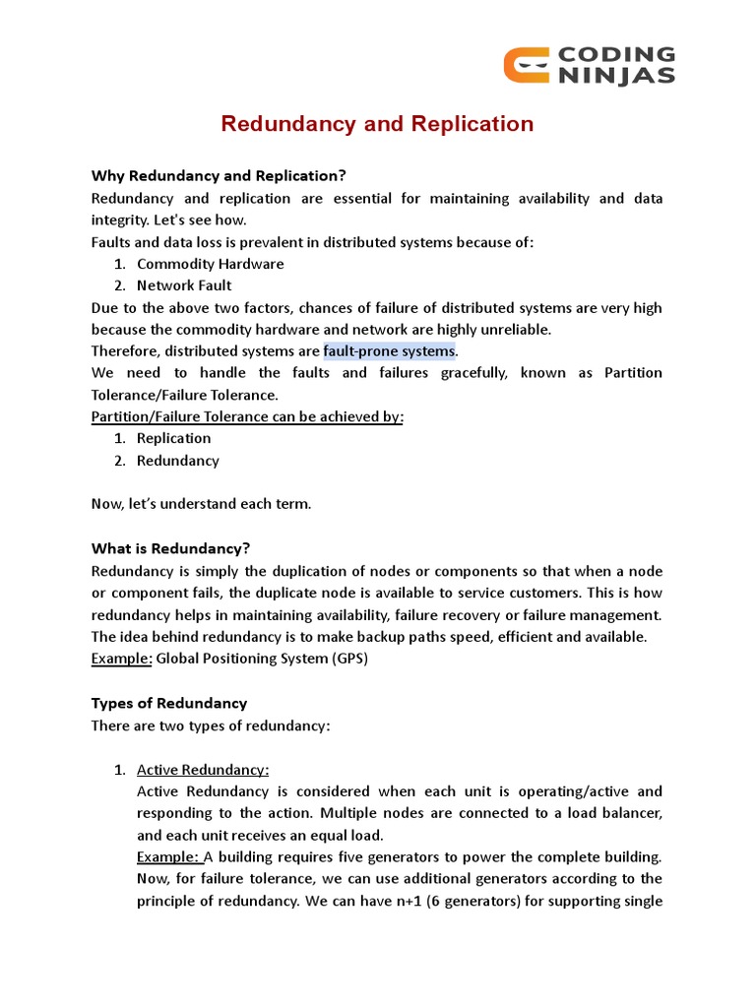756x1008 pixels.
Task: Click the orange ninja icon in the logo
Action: [526, 65]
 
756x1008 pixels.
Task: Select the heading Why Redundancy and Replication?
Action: [219, 176]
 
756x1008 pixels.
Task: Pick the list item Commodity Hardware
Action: [210, 264]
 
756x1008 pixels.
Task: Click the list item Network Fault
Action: [185, 285]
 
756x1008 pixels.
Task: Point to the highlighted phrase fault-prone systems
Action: [390, 351]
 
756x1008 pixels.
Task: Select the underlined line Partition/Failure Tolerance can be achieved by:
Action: [247, 416]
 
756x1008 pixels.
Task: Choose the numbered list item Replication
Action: [173, 438]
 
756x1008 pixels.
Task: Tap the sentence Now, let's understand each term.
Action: [201, 504]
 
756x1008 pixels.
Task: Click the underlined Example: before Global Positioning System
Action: [121, 659]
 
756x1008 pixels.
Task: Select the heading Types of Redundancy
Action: [169, 703]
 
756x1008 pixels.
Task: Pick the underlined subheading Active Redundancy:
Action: [203, 770]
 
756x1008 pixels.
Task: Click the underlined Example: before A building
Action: [167, 856]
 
